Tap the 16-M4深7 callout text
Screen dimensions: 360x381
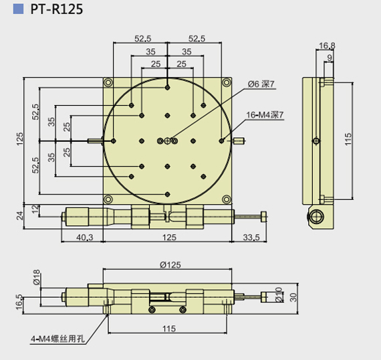click(265, 115)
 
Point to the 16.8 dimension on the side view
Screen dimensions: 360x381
click(327, 46)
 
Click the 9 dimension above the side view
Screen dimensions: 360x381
click(330, 58)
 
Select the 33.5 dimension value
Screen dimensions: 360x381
click(251, 236)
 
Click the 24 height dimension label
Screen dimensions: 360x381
click(19, 215)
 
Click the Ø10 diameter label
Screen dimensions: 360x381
click(277, 296)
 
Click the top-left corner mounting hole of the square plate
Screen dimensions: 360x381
click(108, 82)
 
